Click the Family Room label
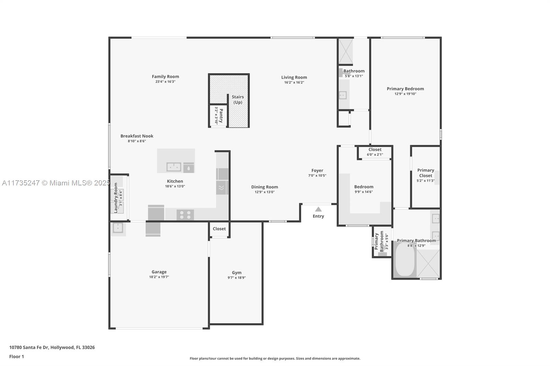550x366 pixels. coord(165,77)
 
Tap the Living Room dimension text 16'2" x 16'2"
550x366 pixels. coord(294,82)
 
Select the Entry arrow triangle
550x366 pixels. coord(318,209)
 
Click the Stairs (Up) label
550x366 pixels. coord(238,100)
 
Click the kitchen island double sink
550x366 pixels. coord(174,167)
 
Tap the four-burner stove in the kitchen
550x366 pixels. coord(185,215)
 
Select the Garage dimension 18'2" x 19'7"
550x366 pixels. coord(159,277)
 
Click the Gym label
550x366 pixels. coord(237,273)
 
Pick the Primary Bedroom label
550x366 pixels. coord(405,89)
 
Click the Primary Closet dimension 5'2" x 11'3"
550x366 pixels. coord(426,181)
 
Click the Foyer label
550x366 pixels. coord(317,171)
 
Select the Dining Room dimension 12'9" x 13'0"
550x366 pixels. coord(265,192)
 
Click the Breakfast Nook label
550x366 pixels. coord(137,136)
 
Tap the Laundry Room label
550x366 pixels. coord(115,198)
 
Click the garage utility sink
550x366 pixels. coord(118,228)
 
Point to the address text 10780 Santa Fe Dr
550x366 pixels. coord(29,347)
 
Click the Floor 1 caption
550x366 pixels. coord(16,357)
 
